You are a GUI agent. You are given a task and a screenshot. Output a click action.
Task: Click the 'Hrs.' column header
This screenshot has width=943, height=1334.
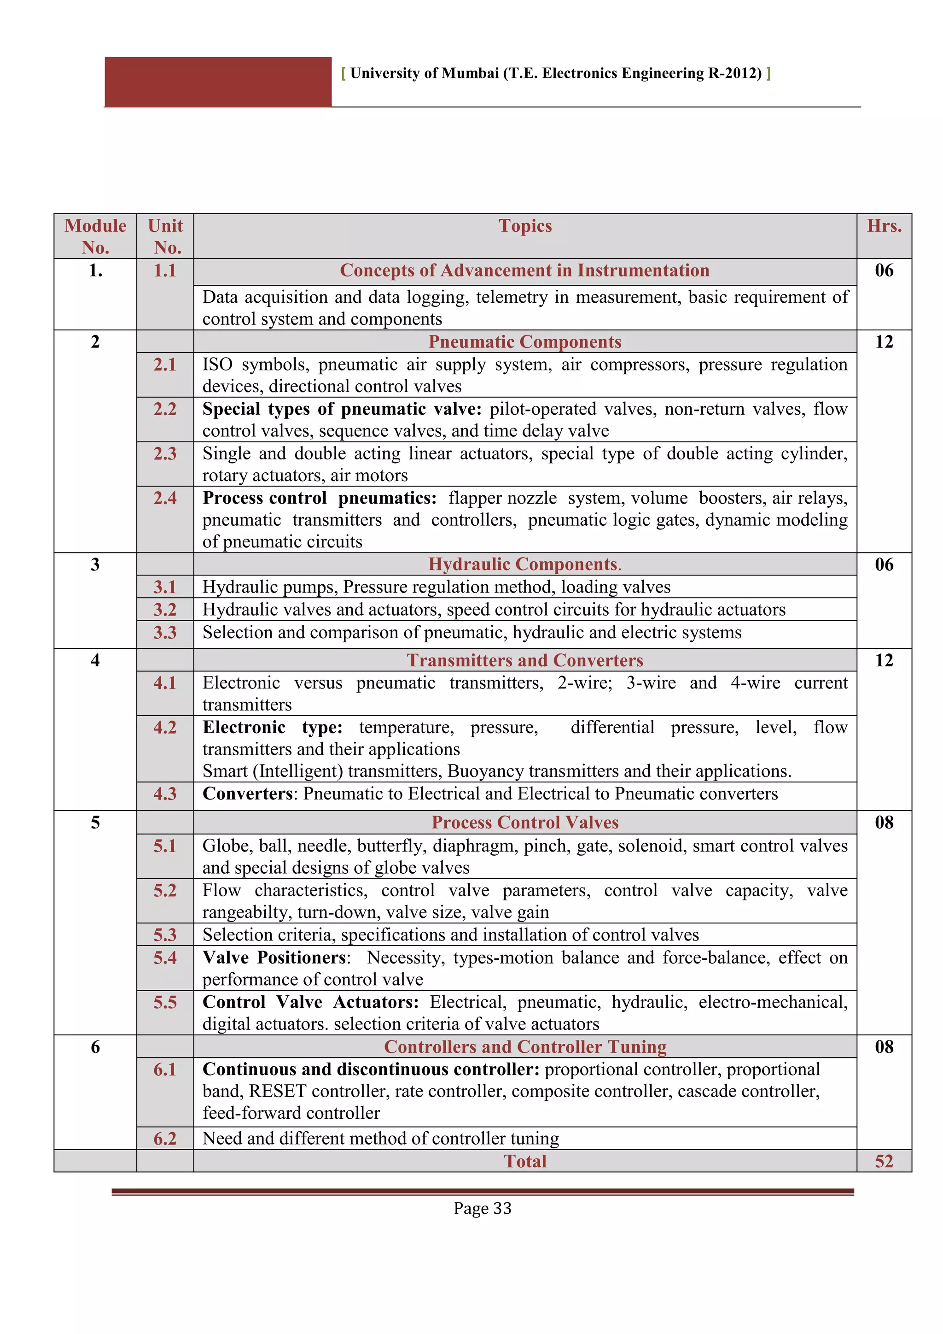pos(884,226)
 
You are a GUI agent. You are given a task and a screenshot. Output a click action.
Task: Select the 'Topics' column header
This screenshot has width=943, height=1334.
pos(525,226)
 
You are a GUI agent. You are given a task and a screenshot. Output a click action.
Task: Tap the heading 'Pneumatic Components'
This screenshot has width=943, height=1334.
pos(525,341)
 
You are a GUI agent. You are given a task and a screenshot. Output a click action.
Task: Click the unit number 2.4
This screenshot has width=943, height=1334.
pos(165,498)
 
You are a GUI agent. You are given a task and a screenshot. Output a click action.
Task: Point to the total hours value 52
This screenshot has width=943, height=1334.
pos(884,1161)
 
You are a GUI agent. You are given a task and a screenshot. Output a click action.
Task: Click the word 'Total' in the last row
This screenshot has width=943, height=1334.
pos(525,1161)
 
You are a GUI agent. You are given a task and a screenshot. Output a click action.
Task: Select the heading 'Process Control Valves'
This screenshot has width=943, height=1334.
pos(525,822)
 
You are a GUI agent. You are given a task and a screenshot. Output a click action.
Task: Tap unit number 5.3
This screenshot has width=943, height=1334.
pos(165,935)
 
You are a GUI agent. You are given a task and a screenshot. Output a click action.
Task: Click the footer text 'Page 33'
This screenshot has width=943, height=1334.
pos(482,1208)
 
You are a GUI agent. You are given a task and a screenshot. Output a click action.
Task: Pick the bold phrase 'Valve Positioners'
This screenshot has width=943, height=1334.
pos(275,958)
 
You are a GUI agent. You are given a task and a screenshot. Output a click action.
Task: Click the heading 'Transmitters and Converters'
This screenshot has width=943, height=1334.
pos(525,660)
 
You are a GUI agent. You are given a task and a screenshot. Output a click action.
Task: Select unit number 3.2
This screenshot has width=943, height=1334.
pos(165,610)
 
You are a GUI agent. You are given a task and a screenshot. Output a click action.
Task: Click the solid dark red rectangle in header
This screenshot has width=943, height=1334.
pos(218,82)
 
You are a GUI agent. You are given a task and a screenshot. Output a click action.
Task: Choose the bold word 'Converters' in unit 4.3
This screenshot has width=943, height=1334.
pos(248,793)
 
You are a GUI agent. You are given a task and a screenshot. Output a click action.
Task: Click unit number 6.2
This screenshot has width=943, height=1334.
pos(165,1138)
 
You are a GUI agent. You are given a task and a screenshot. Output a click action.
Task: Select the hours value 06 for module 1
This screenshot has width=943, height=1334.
pos(884,270)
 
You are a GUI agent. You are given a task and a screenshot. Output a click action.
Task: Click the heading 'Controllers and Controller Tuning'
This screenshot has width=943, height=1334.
pos(525,1046)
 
